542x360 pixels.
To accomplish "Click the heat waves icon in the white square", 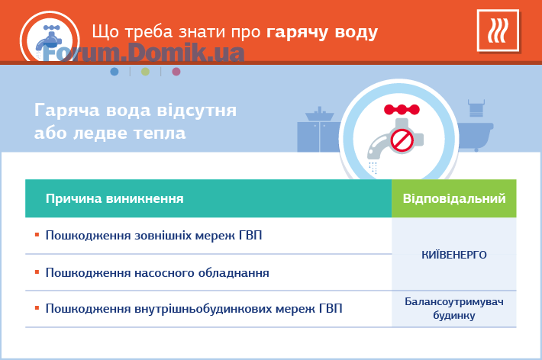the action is [498, 31].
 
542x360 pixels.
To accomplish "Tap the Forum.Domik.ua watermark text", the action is [144, 53].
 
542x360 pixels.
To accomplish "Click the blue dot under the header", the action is [115, 72].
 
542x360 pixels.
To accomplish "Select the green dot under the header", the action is [145, 72].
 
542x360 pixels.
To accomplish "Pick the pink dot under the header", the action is [176, 72].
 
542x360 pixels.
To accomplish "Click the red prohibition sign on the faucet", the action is [402, 140].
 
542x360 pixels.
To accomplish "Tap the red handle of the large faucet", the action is [402, 110].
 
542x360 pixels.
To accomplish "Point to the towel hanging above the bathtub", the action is [476, 108].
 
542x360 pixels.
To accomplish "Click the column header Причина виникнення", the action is [115, 198].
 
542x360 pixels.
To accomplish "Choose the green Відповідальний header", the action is [454, 198].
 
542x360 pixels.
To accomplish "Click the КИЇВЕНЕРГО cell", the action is [454, 255].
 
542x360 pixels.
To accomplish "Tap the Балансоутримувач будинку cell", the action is [454, 309].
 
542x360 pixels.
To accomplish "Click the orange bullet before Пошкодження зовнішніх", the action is [37, 235].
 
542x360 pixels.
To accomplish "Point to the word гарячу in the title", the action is [297, 33].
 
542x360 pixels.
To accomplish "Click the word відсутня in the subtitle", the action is [197, 111].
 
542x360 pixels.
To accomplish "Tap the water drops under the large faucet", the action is [373, 168].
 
